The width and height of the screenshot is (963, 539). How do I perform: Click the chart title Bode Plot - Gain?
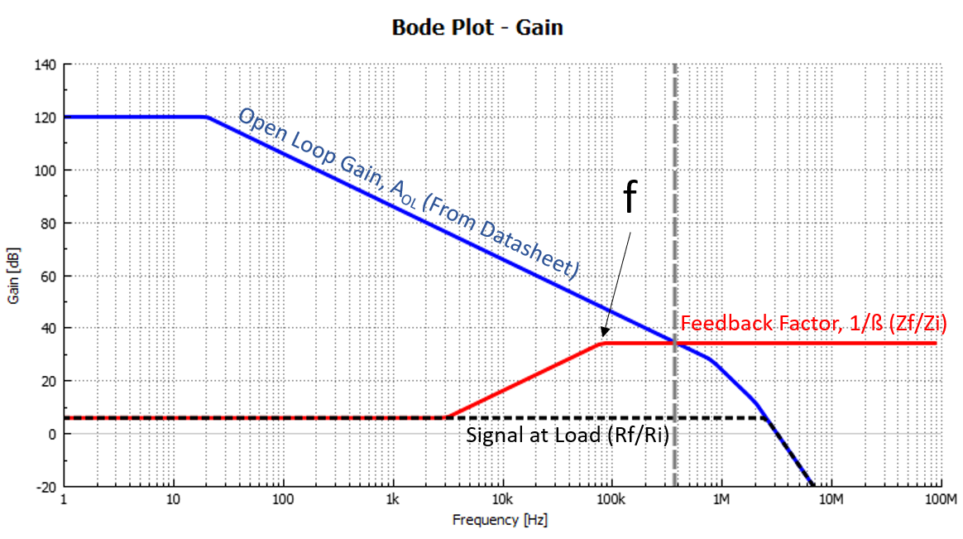477,27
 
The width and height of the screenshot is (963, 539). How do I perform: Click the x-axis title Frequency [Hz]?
499,520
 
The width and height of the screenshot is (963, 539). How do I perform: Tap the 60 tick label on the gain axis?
46,276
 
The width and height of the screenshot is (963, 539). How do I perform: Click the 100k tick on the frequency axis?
611,500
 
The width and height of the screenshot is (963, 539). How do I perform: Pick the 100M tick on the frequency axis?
940,500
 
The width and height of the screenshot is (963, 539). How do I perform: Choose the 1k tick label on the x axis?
392,500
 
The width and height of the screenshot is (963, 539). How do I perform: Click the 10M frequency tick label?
830,500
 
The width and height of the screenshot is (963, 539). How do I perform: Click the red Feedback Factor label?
812,325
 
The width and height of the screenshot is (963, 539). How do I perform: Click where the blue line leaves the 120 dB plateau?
206,118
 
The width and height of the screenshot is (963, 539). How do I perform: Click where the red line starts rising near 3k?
446,417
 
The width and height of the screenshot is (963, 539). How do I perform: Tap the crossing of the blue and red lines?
673,342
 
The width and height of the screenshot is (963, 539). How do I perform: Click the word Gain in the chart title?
539,27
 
